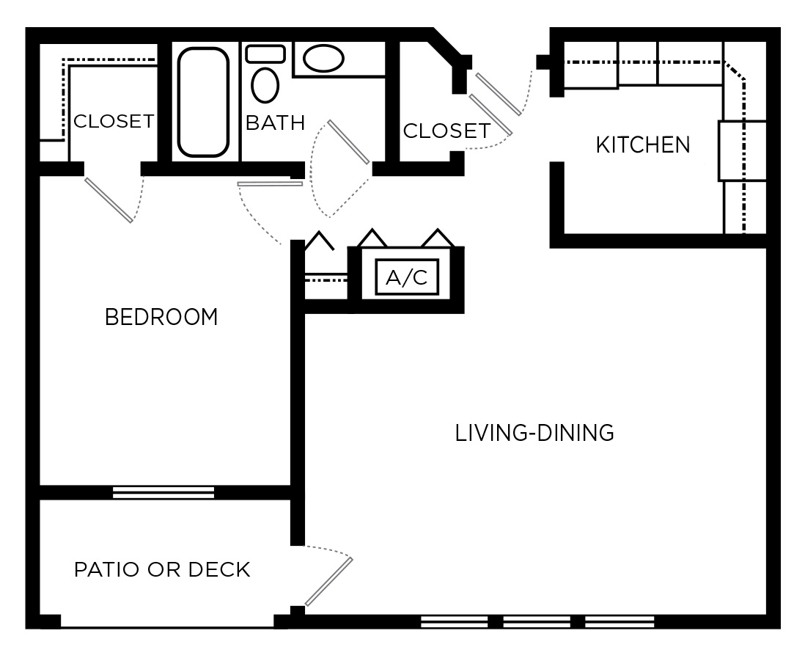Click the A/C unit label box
[x=407, y=277]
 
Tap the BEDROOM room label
[x=161, y=317]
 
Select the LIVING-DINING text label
[x=534, y=433]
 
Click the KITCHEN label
[x=643, y=145]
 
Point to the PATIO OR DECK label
[x=162, y=569]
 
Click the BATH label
[x=275, y=123]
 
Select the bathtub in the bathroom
[x=203, y=102]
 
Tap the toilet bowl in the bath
[x=265, y=85]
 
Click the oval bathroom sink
[x=323, y=59]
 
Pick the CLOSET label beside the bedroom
[x=114, y=121]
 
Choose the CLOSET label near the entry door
[x=446, y=131]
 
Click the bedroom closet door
[x=109, y=199]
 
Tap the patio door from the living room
[x=328, y=582]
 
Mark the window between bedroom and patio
[x=163, y=492]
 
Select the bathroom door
[x=348, y=142]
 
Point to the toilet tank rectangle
[x=265, y=54]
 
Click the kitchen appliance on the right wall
[x=742, y=151]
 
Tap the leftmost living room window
[x=455, y=622]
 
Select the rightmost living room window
[x=620, y=622]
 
